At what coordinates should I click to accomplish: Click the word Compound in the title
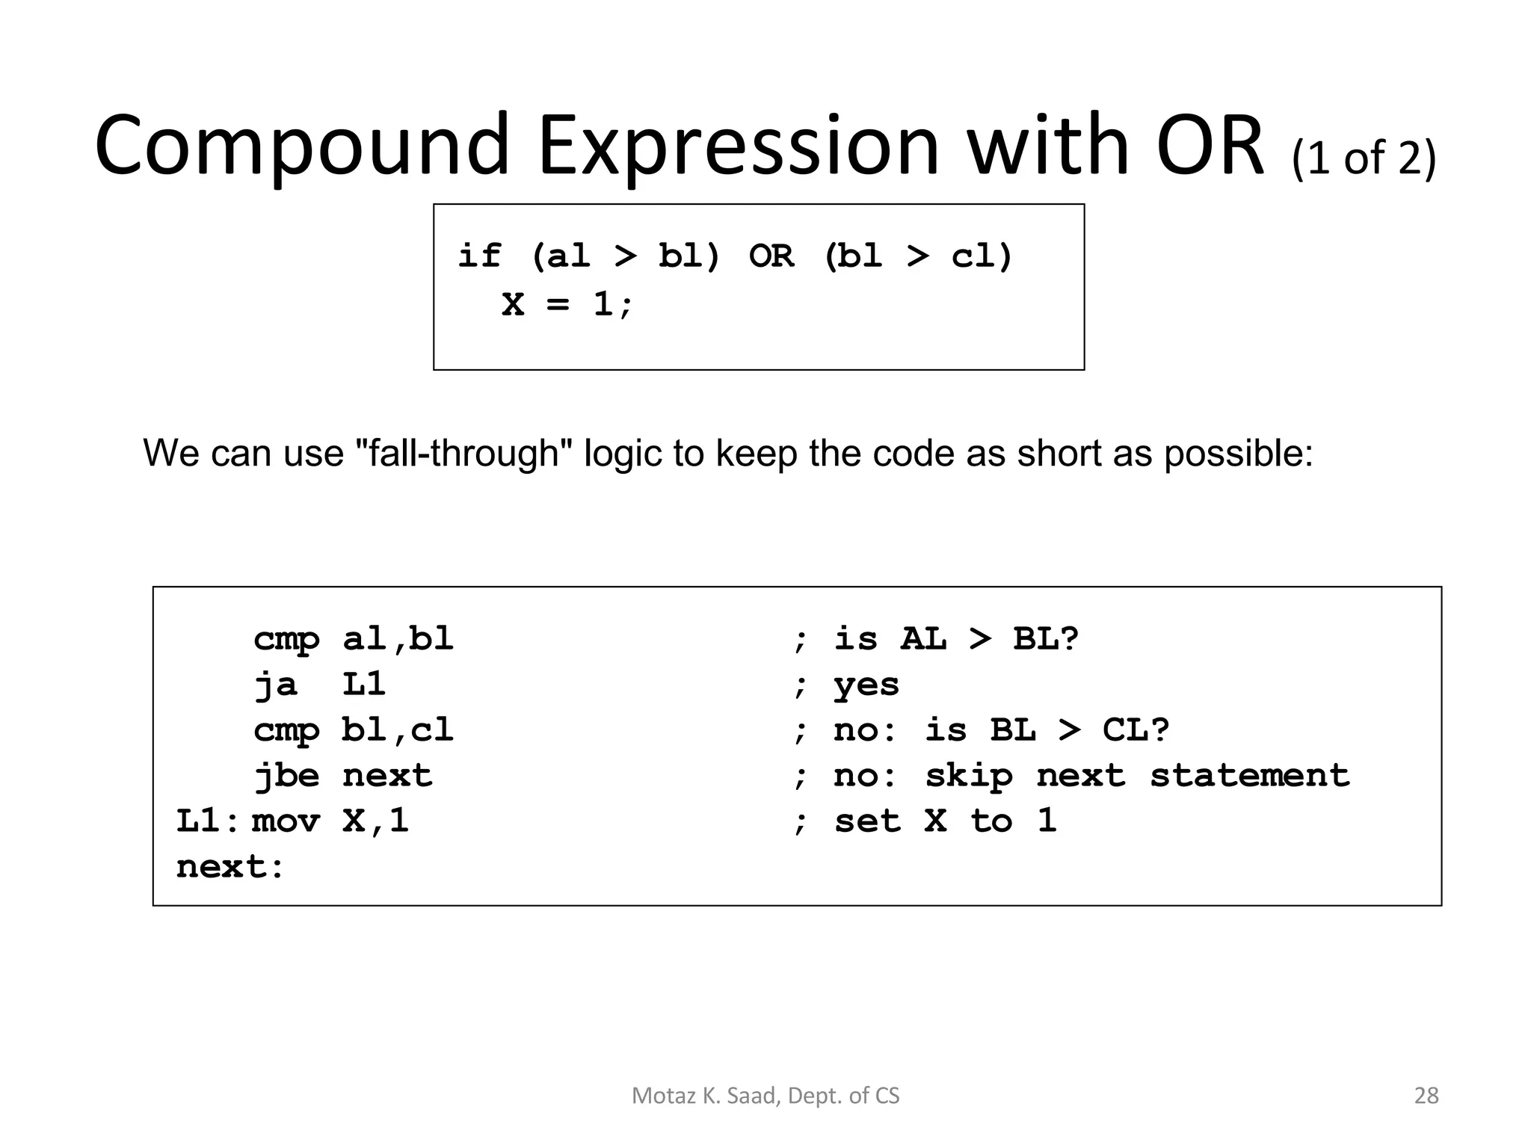(x=302, y=146)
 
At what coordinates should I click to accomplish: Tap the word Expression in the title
(x=738, y=146)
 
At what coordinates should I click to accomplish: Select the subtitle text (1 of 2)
(x=1364, y=158)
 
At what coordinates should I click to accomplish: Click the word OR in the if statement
(x=771, y=256)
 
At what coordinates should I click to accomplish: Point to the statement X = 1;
(x=567, y=304)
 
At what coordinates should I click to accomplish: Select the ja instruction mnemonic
(x=275, y=685)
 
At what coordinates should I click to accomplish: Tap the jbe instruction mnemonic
(x=286, y=776)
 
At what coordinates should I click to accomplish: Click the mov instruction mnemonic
(x=286, y=821)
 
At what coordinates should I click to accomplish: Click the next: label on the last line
(x=230, y=867)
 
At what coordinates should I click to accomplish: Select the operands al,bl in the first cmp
(x=398, y=639)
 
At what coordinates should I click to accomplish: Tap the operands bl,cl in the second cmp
(x=398, y=730)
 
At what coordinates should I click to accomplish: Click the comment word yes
(x=866, y=685)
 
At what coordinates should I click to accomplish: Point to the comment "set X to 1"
(x=945, y=821)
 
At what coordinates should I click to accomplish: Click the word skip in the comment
(x=968, y=776)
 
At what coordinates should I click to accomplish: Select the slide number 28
(x=1426, y=1096)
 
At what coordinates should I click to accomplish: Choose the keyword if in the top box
(x=478, y=256)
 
